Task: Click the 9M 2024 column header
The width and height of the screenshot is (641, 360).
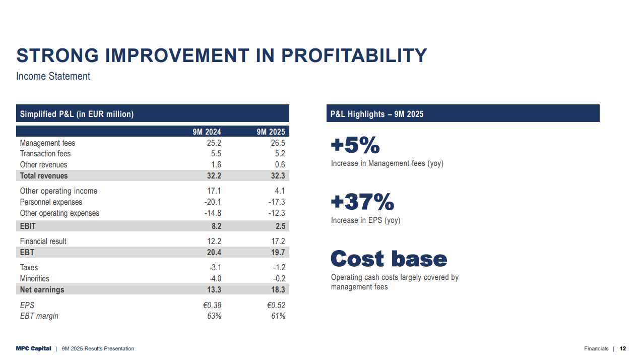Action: click(207, 132)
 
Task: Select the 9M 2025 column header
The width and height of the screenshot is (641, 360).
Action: click(271, 132)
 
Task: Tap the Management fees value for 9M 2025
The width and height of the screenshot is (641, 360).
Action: click(278, 143)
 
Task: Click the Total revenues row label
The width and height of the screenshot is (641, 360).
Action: click(44, 176)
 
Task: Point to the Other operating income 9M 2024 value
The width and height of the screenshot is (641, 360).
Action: click(214, 191)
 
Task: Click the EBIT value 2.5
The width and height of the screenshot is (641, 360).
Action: click(280, 226)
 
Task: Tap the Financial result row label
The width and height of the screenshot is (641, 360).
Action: click(43, 242)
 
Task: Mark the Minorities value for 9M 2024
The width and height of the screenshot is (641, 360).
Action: click(215, 279)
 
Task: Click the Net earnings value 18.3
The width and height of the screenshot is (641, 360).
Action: click(278, 290)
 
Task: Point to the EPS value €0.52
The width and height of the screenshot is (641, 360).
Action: click(276, 306)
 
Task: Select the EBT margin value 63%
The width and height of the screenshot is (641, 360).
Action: click(214, 316)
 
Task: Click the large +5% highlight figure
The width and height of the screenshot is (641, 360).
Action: click(355, 146)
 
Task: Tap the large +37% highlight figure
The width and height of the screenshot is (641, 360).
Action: click(362, 202)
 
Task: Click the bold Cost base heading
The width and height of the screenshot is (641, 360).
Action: click(389, 259)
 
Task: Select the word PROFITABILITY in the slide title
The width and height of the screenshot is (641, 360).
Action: click(354, 55)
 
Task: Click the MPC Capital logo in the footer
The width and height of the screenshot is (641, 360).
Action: click(33, 348)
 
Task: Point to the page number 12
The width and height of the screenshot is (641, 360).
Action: click(623, 348)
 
